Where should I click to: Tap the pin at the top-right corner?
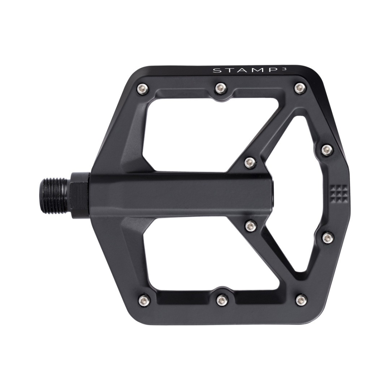(x=300, y=88)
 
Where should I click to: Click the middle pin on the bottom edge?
(x=221, y=300)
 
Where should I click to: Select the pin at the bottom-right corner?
(x=301, y=300)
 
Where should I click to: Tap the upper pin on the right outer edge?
(x=327, y=149)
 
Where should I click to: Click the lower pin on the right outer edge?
(x=328, y=237)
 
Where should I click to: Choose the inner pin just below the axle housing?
(x=251, y=225)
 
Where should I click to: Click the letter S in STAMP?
(x=215, y=71)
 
